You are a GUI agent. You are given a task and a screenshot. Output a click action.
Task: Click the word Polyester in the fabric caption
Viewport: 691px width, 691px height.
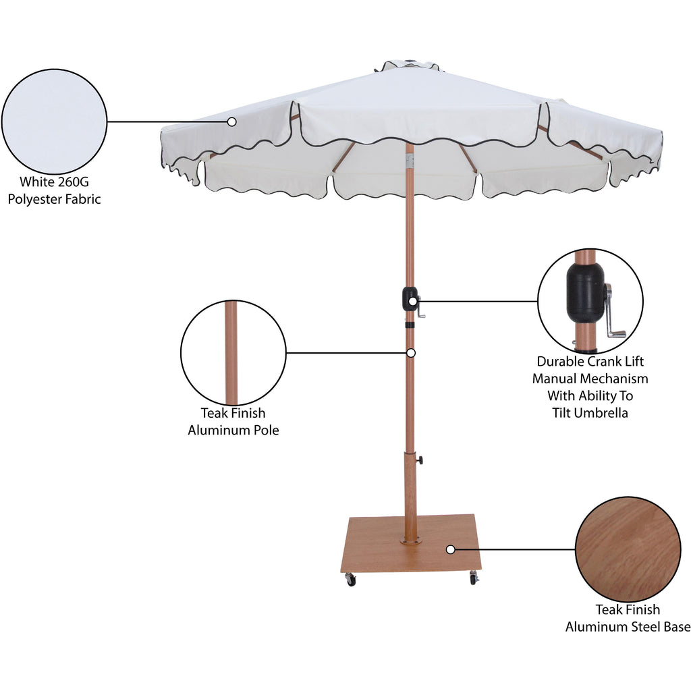[x=35, y=199]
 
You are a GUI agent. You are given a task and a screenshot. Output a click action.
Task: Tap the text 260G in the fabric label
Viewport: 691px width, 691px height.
[x=73, y=182]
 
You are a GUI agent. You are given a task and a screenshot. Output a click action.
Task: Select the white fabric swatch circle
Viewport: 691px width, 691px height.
[x=54, y=121]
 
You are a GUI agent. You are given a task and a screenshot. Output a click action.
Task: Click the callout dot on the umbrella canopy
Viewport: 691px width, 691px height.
[x=232, y=121]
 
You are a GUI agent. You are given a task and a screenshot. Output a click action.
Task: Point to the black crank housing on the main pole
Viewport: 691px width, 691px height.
[x=410, y=299]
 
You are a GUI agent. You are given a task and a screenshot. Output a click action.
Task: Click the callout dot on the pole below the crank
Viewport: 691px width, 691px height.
[x=411, y=353]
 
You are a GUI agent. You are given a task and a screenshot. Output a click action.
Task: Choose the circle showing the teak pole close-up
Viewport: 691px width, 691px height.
[x=233, y=352]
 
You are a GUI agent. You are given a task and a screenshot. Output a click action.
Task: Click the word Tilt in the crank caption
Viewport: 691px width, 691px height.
[x=562, y=413]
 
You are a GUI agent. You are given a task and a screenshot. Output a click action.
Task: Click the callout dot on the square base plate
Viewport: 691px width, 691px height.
[x=450, y=549]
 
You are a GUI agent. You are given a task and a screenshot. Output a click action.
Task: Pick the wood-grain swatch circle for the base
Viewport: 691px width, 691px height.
[x=628, y=549]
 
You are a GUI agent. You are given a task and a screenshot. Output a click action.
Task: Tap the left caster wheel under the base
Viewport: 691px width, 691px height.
[x=350, y=580]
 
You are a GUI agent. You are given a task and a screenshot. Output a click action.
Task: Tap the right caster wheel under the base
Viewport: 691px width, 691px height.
[x=473, y=578]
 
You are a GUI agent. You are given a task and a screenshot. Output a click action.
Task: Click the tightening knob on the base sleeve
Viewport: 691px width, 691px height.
[x=420, y=460]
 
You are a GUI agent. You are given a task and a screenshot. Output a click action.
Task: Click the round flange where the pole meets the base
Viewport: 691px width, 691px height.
[x=410, y=539]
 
